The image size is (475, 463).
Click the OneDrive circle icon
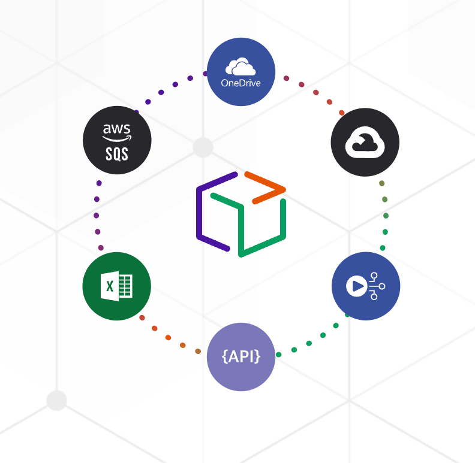[x=241, y=72]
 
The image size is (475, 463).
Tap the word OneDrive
[x=241, y=83]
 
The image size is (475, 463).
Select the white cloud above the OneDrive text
[x=240, y=66]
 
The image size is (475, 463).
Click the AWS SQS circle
[x=117, y=140]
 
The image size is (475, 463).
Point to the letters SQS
[x=117, y=154]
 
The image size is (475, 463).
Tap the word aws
[x=116, y=129]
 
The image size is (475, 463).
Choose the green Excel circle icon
[x=116, y=286]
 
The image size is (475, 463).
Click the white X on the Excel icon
[x=110, y=286]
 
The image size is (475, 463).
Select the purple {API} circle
[x=241, y=357]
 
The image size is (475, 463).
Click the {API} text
[x=241, y=356]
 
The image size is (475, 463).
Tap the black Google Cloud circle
[x=365, y=143]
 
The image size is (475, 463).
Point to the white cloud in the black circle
[x=365, y=143]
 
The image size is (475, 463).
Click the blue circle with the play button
[x=366, y=286]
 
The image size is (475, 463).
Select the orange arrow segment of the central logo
[x=264, y=187]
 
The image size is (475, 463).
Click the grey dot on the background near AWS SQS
[x=203, y=146]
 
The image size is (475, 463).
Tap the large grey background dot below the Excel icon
[x=56, y=400]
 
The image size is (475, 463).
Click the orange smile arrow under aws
[x=117, y=138]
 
